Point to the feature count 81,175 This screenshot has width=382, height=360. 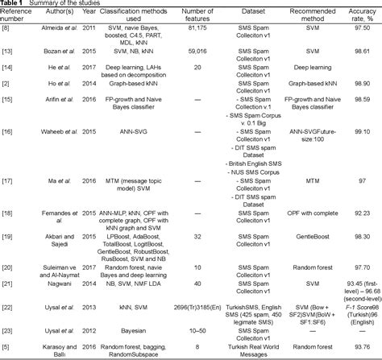(185, 35)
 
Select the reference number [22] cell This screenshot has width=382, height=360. (11, 307)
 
